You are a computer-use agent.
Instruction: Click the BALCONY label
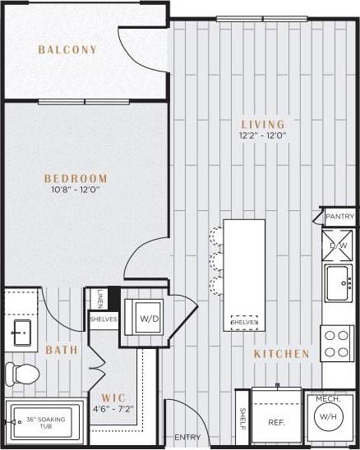[67, 50]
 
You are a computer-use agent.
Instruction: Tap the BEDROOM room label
[76, 178]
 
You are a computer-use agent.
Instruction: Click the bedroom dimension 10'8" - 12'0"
[76, 191]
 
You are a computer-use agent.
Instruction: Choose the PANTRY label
[339, 218]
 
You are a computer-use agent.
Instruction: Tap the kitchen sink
[338, 283]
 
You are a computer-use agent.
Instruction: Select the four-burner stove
[337, 343]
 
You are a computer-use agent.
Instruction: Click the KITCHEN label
[282, 354]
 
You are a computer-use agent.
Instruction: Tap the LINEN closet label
[99, 297]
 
